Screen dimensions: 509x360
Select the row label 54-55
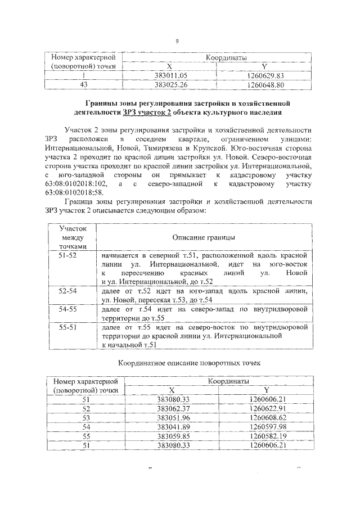[68, 309]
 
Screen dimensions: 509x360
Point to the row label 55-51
[68, 327]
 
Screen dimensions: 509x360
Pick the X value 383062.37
[173, 408]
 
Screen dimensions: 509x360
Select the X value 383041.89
[173, 427]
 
